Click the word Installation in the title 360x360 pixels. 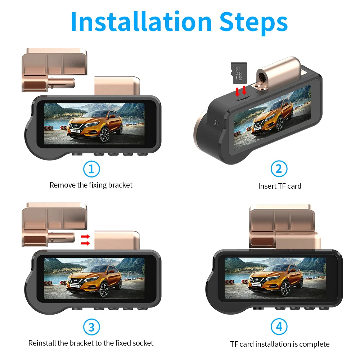click(x=141, y=22)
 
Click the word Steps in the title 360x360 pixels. click(x=253, y=23)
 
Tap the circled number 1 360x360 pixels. click(x=91, y=169)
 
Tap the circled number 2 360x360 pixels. click(x=279, y=169)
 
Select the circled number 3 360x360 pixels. click(x=91, y=327)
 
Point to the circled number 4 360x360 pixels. click(x=279, y=327)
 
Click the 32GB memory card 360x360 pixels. click(x=239, y=73)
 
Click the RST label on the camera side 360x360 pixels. click(x=215, y=122)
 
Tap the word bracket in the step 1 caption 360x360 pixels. click(x=120, y=185)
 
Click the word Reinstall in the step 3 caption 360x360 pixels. click(x=42, y=343)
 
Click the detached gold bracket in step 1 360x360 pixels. click(x=54, y=70)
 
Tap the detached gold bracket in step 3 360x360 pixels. click(x=54, y=225)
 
